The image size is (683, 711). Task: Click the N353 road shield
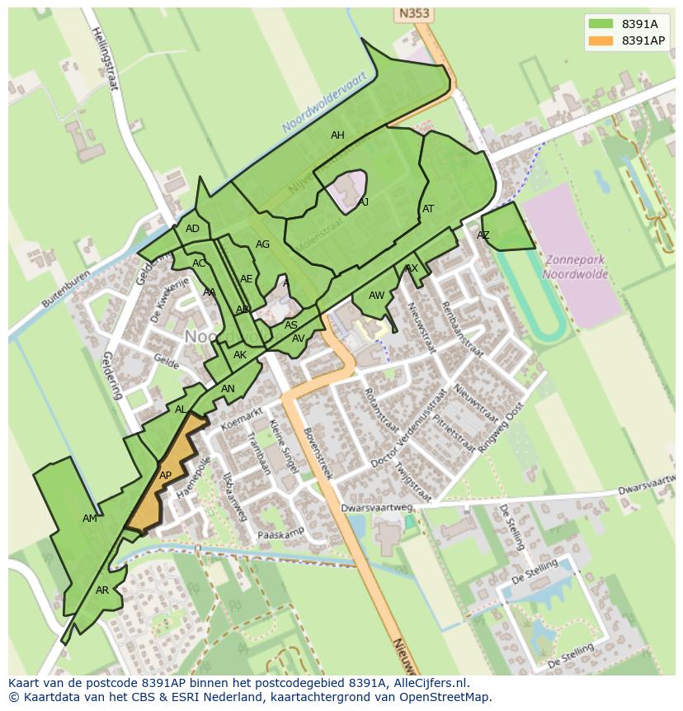(414, 13)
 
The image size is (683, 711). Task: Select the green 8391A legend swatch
(601, 24)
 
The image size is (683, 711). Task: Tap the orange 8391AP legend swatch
(601, 40)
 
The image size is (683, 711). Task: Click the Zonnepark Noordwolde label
(575, 267)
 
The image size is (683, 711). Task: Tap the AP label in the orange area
(165, 476)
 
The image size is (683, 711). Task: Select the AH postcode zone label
(337, 135)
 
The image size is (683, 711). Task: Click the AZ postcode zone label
(483, 235)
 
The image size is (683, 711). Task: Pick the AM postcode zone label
(90, 519)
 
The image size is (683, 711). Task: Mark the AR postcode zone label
(102, 590)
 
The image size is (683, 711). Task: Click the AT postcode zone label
(428, 209)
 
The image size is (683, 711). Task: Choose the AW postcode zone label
(376, 296)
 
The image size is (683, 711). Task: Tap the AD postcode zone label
(192, 229)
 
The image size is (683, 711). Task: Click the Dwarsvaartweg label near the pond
(376, 509)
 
